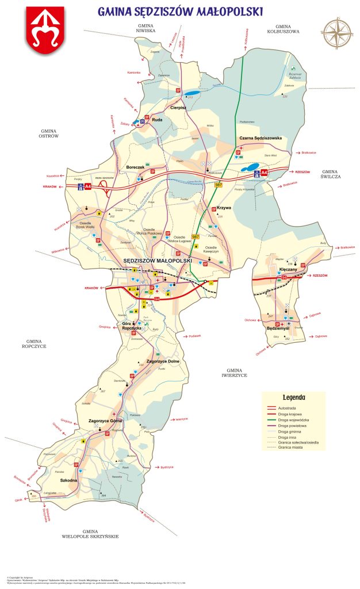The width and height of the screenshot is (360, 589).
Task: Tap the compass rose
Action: pyautogui.click(x=337, y=34)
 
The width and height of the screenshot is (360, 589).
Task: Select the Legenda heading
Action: pyautogui.click(x=293, y=397)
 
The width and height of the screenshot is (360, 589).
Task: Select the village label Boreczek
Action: pyautogui.click(x=136, y=167)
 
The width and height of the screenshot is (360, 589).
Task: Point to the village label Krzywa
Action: pyautogui.click(x=224, y=208)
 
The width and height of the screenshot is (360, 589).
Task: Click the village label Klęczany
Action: pyautogui.click(x=288, y=269)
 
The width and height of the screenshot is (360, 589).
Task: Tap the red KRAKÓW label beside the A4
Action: pyautogui.click(x=51, y=187)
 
